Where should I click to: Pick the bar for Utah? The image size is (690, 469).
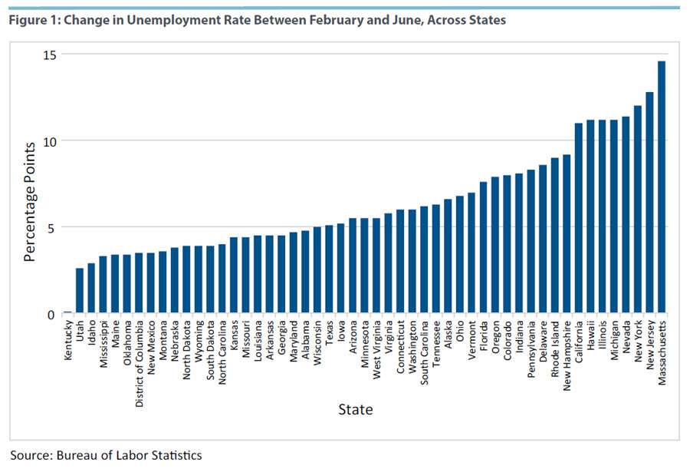pos(80,291)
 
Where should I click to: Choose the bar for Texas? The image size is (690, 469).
pos(329,269)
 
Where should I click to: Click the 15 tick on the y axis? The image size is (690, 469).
pos(50,54)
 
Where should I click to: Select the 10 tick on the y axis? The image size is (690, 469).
pos(50,141)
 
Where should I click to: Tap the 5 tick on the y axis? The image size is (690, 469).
pos(54,227)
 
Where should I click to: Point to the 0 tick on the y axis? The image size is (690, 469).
pos(54,314)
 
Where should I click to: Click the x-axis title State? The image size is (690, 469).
pos(356,409)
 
